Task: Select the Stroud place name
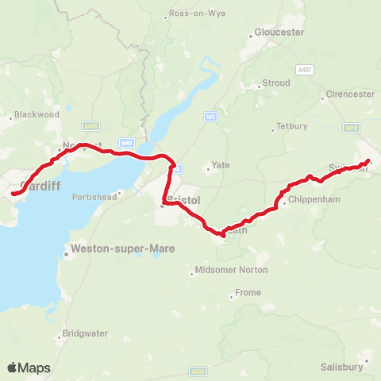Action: (275, 82)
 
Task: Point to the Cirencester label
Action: (350, 94)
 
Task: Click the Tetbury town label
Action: (285, 126)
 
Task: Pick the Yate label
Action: (218, 167)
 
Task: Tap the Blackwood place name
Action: (37, 114)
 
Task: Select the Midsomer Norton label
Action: (231, 270)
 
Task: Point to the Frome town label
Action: (248, 293)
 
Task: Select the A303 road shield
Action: (198, 370)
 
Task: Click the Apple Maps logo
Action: (29, 368)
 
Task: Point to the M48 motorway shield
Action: (128, 142)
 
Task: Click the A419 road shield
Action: (352, 127)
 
